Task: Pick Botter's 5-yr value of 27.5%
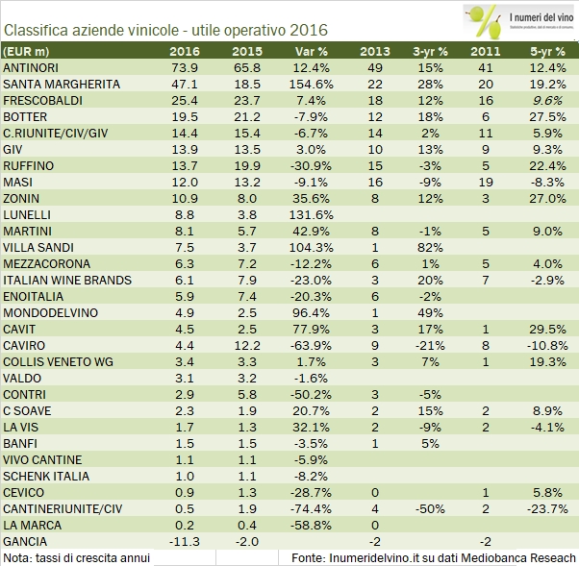548,115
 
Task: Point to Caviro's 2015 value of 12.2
247,345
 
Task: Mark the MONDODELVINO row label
48,312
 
